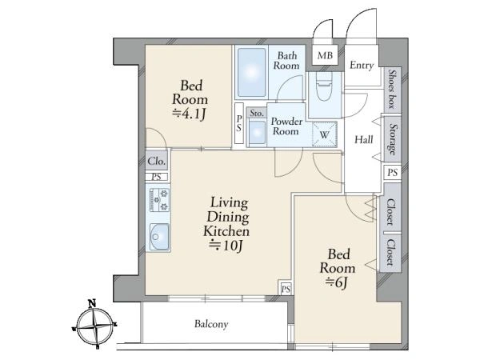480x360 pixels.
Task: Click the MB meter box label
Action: pyautogui.click(x=325, y=55)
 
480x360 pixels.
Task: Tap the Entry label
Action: pyautogui.click(x=362, y=66)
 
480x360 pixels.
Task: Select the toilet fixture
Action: pyautogui.click(x=324, y=86)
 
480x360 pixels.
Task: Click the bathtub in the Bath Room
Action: pyautogui.click(x=252, y=73)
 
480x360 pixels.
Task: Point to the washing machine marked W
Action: pyautogui.click(x=325, y=134)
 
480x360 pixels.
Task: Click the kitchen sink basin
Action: pyautogui.click(x=159, y=237)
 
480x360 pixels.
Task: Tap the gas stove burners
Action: pyautogui.click(x=159, y=200)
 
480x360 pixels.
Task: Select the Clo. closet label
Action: pyautogui.click(x=157, y=161)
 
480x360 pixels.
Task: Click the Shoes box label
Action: pyautogui.click(x=392, y=89)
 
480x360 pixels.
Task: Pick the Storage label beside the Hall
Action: pyautogui.click(x=393, y=139)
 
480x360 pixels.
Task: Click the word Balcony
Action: pyautogui.click(x=211, y=324)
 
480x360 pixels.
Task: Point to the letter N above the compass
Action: pyautogui.click(x=92, y=304)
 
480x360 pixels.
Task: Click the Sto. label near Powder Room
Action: pyautogui.click(x=256, y=113)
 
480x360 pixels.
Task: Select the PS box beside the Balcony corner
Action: pyautogui.click(x=286, y=289)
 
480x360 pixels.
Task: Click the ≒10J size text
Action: pyautogui.click(x=226, y=246)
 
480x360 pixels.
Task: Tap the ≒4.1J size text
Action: pyautogui.click(x=189, y=114)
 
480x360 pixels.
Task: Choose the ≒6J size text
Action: pyautogui.click(x=336, y=282)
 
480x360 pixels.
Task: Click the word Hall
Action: pyautogui.click(x=364, y=140)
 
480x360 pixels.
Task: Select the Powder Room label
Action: pyautogui.click(x=286, y=126)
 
